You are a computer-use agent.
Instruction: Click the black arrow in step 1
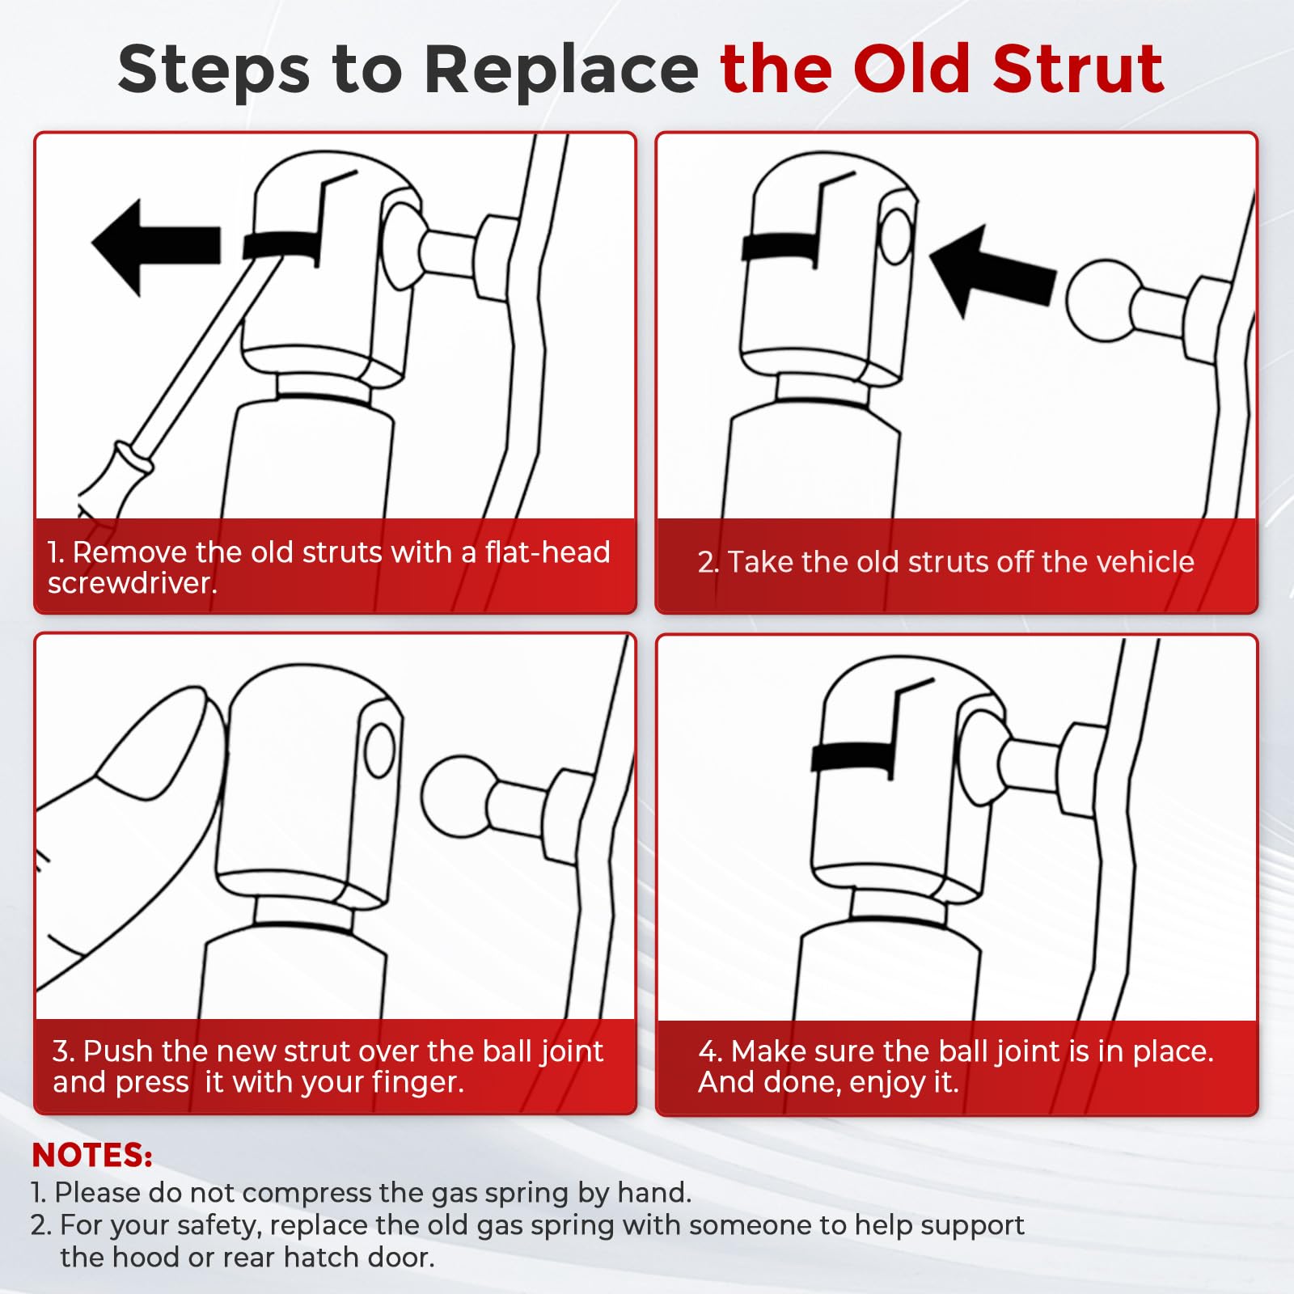click(x=155, y=246)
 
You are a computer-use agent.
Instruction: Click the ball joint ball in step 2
click(x=1101, y=299)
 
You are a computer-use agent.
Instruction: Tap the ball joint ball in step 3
click(x=459, y=797)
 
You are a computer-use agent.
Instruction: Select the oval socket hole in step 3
click(x=380, y=750)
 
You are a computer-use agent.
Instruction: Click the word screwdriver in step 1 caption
click(x=132, y=583)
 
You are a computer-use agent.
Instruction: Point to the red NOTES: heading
click(x=92, y=1155)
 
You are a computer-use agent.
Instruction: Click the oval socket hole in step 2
click(x=896, y=236)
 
